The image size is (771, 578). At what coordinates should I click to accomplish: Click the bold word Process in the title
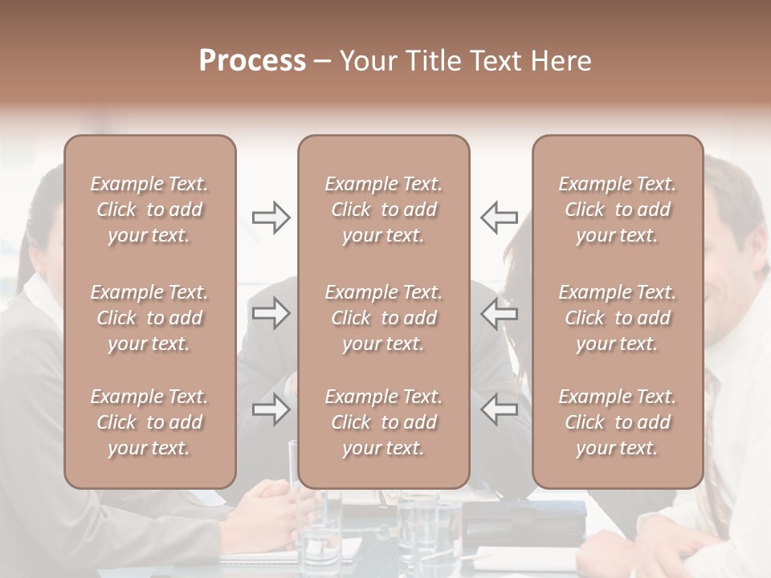click(x=252, y=61)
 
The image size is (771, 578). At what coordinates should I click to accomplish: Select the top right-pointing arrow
click(x=271, y=217)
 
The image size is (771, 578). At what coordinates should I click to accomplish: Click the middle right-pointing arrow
click(x=271, y=314)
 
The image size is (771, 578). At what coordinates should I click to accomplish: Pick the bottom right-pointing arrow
click(x=271, y=409)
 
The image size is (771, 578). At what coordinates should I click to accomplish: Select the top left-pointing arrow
click(x=500, y=217)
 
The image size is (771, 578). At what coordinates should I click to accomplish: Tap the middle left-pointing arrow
click(x=500, y=314)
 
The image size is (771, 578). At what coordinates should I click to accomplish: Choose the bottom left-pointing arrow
click(x=500, y=409)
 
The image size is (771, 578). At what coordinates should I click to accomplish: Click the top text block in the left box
click(x=149, y=210)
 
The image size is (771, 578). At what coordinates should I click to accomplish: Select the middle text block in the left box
click(x=149, y=318)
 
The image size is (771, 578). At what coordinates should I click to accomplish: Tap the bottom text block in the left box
click(x=149, y=422)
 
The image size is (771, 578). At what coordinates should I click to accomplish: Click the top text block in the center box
click(x=383, y=210)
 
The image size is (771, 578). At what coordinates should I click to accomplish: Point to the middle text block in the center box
click(x=383, y=318)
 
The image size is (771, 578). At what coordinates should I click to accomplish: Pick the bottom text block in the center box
click(x=383, y=422)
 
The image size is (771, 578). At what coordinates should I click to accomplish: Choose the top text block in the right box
click(x=618, y=210)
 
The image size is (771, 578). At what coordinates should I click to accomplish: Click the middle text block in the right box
click(x=618, y=318)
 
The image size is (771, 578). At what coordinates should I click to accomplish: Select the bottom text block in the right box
click(x=618, y=422)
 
